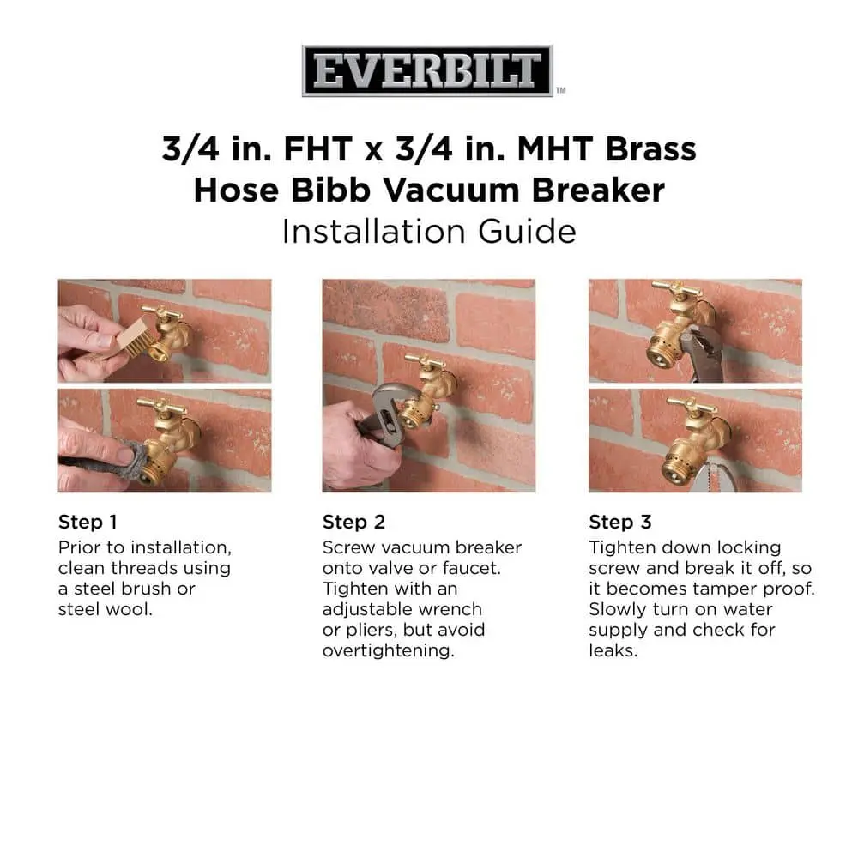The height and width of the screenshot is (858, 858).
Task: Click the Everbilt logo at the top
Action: (427, 70)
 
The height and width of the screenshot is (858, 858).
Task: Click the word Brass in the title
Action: (650, 148)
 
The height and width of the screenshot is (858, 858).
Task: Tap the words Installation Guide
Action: (429, 231)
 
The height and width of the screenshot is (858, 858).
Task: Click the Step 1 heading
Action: (88, 522)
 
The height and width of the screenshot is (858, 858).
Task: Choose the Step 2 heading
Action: (353, 522)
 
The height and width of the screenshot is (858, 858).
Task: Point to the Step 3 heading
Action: (620, 522)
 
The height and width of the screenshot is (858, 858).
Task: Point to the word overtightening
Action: (388, 650)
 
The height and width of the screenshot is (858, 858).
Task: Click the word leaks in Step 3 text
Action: (613, 650)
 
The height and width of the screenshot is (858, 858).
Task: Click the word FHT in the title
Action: (318, 148)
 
